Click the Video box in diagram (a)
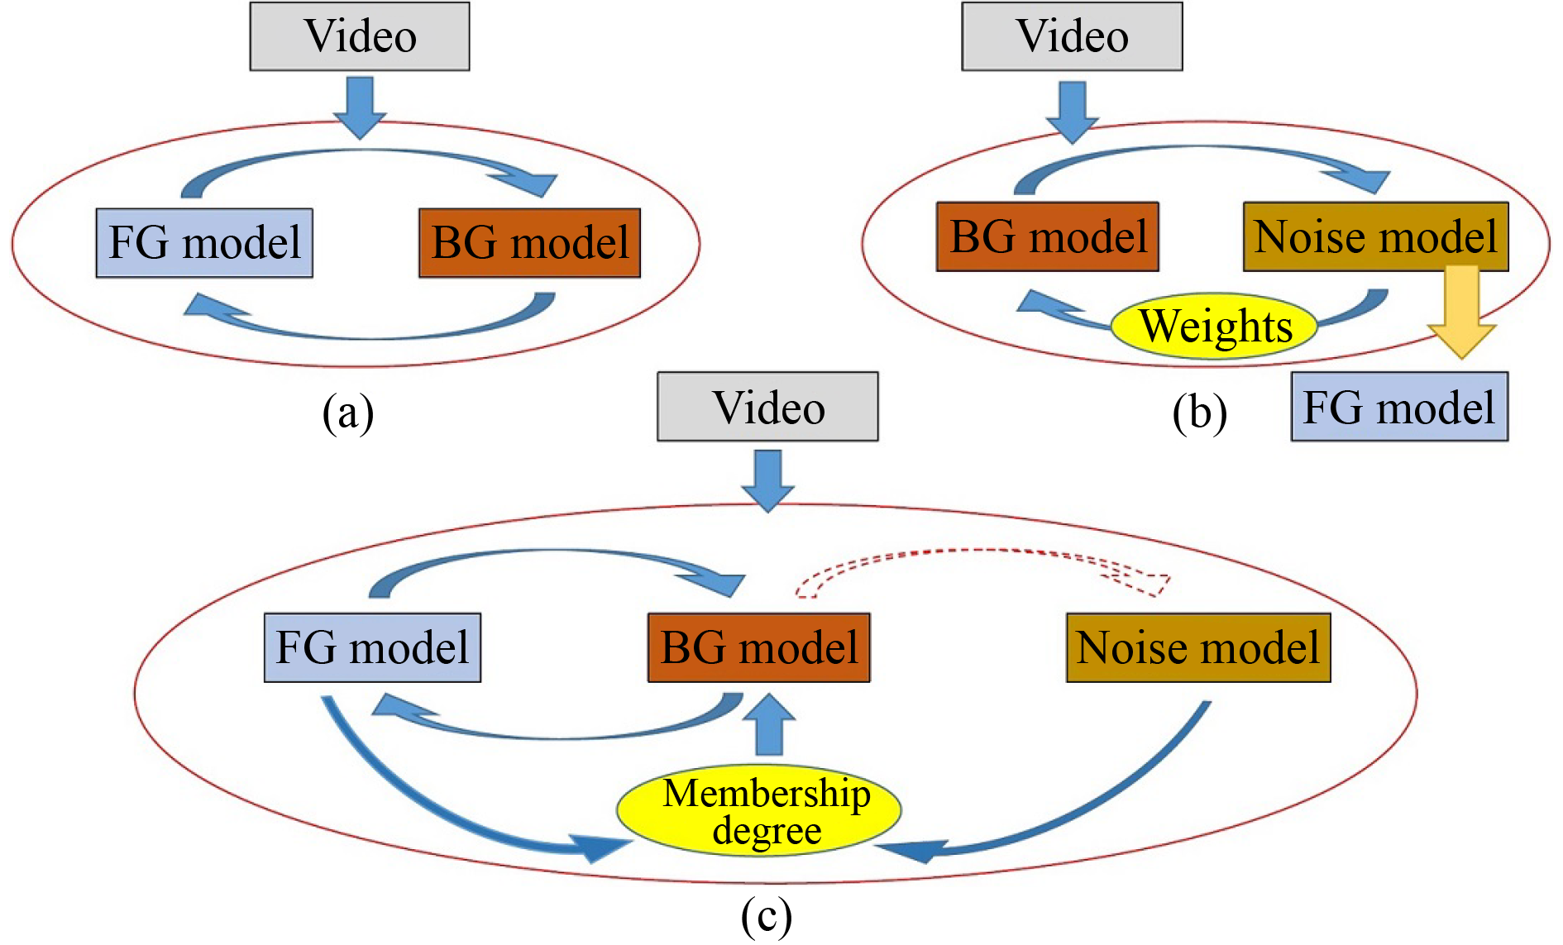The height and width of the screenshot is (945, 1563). [x=360, y=36]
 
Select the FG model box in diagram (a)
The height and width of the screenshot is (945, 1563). [x=204, y=243]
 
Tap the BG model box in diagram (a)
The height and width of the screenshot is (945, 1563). [x=529, y=243]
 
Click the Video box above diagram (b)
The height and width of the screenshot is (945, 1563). [x=1072, y=36]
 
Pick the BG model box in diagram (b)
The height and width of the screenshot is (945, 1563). [x=1047, y=236]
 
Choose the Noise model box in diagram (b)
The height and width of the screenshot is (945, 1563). [x=1375, y=236]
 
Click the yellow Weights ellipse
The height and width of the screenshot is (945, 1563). [x=1214, y=326]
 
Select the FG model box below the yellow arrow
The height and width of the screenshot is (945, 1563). [x=1399, y=407]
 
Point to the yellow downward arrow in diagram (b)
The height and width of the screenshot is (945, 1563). [x=1461, y=310]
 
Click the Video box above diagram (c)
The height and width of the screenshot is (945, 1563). [x=767, y=407]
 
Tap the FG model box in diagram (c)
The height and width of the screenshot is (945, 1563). [x=372, y=647]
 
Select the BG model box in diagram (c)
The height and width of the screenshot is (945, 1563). [x=758, y=647]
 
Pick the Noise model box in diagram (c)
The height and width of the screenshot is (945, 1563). [x=1198, y=647]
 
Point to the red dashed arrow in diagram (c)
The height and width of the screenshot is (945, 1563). [x=984, y=551]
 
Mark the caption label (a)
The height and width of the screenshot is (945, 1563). [x=347, y=412]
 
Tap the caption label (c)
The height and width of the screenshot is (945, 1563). [x=766, y=916]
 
